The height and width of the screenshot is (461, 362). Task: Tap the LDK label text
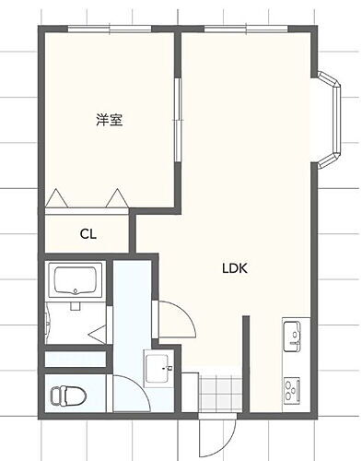[235, 270]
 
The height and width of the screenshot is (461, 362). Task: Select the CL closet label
[88, 233]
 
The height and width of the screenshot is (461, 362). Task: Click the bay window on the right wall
[330, 123]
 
